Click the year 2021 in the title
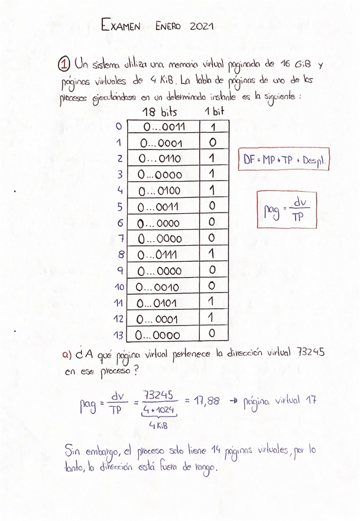click(x=201, y=26)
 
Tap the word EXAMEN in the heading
click(x=121, y=26)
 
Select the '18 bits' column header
click(x=159, y=112)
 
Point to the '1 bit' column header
click(x=214, y=112)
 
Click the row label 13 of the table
click(x=118, y=335)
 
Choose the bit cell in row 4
click(x=213, y=190)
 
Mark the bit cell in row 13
click(x=213, y=334)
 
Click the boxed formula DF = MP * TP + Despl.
click(x=284, y=160)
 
